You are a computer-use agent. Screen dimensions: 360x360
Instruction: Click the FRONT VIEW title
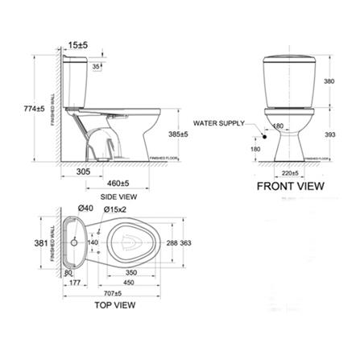[x=291, y=186]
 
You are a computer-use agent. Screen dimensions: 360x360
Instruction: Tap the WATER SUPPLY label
[x=217, y=123]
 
